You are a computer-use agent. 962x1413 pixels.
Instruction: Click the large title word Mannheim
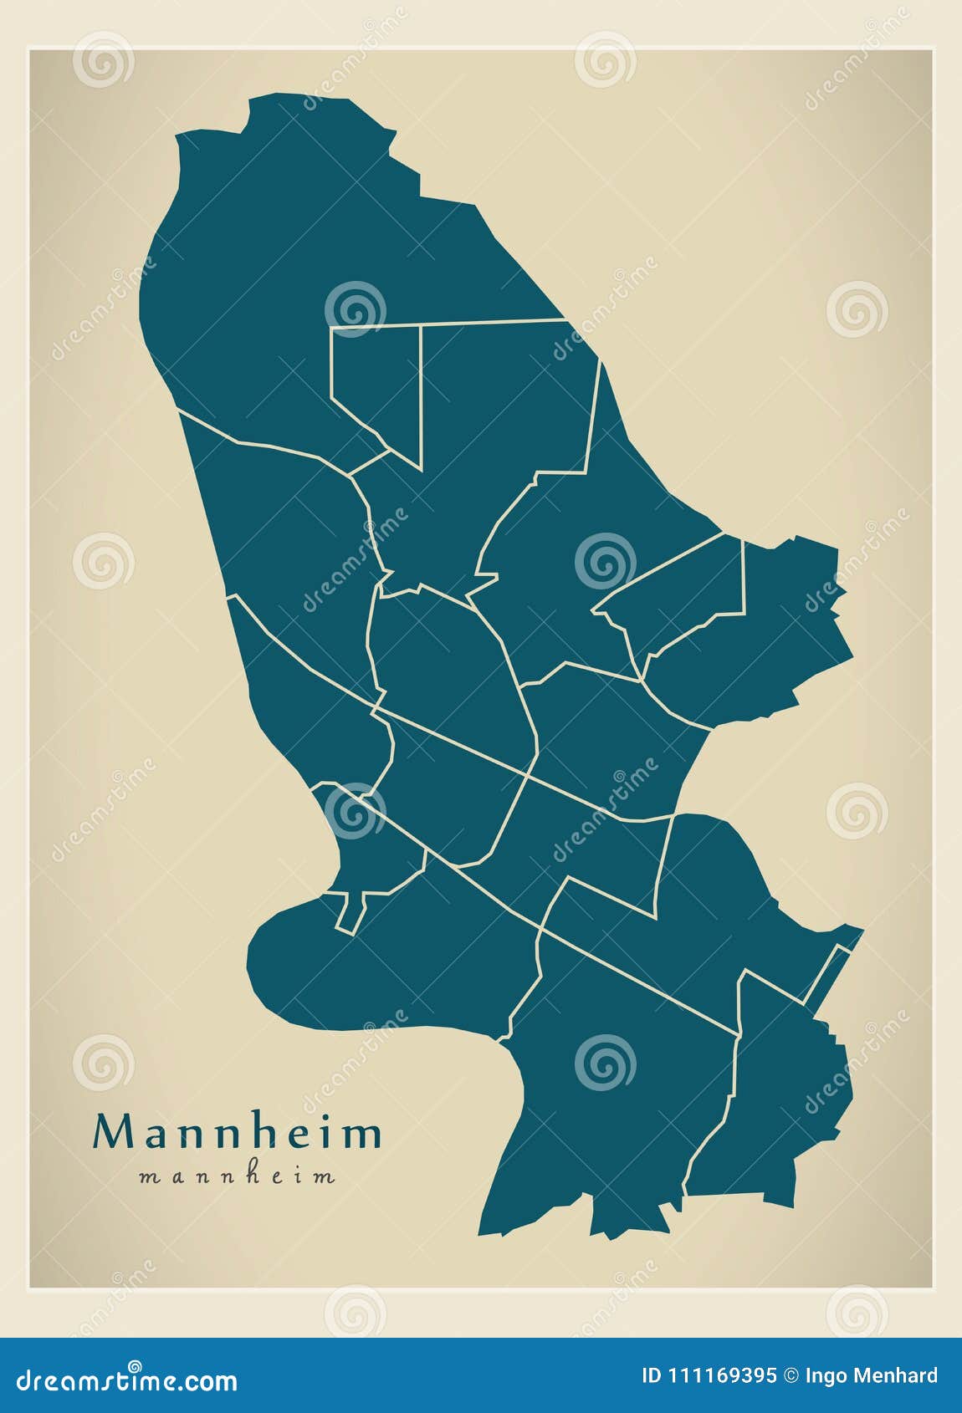pyautogui.click(x=237, y=1133)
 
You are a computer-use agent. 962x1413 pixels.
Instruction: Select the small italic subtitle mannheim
pyautogui.click(x=237, y=1177)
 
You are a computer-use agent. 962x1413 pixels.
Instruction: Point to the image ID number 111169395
pyautogui.click(x=720, y=1376)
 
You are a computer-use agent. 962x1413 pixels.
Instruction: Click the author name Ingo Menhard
pyautogui.click(x=871, y=1376)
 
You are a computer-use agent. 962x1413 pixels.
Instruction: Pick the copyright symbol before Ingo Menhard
pyautogui.click(x=791, y=1376)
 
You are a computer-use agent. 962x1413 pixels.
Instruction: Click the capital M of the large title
pyautogui.click(x=113, y=1133)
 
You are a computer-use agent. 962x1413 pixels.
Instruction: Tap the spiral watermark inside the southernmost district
pyautogui.click(x=605, y=1062)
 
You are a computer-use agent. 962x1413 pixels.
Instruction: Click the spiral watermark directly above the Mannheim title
pyautogui.click(x=103, y=1062)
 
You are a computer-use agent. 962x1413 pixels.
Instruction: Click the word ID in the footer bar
pyautogui.click(x=652, y=1376)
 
